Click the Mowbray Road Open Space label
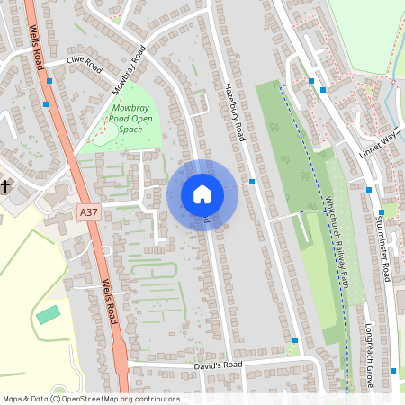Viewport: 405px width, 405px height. [125, 118]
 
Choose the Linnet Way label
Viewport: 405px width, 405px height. [378, 141]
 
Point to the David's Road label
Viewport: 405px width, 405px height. [219, 364]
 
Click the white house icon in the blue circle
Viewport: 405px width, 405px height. [202, 194]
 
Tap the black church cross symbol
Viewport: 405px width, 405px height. [5, 186]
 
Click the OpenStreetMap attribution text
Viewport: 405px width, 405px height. [91, 399]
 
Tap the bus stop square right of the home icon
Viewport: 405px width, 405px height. [253, 182]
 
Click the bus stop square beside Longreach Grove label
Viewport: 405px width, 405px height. [393, 370]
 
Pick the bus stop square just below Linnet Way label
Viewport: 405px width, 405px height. [369, 189]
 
